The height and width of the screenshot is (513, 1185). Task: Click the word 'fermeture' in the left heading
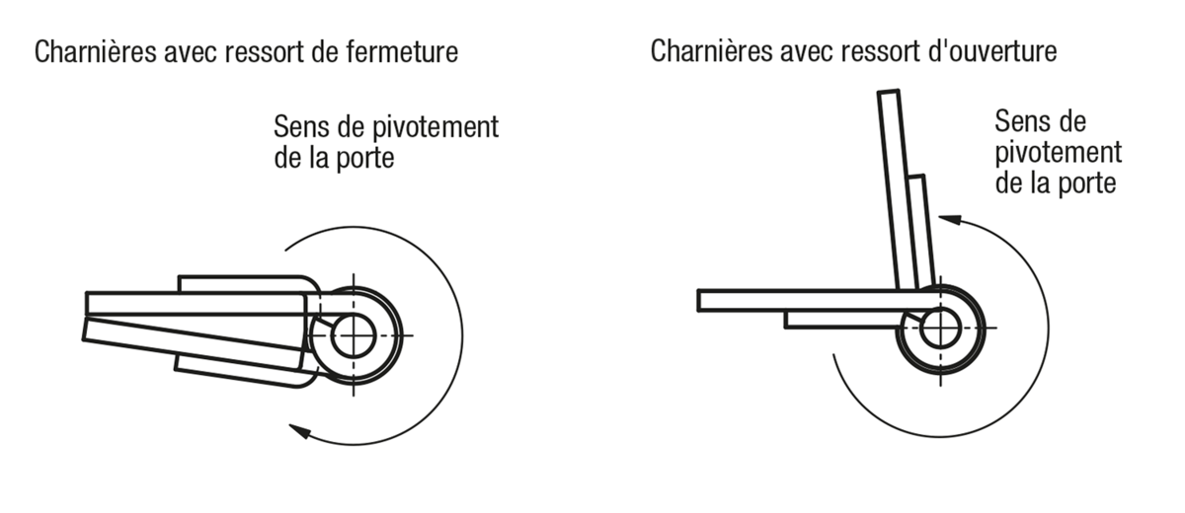[x=402, y=52]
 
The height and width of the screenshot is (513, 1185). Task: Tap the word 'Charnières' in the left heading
[x=96, y=52]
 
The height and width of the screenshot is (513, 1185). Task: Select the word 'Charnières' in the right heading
[x=712, y=51]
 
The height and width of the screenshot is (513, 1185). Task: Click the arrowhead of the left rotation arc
[x=299, y=430]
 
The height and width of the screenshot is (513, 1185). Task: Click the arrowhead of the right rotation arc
[x=950, y=219]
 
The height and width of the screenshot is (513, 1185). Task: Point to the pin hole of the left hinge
[x=354, y=335]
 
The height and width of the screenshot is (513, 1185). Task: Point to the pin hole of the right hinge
[x=940, y=328]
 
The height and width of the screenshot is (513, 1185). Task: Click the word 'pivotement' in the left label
[x=435, y=127]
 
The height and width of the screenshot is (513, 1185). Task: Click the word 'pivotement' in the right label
[x=1058, y=153]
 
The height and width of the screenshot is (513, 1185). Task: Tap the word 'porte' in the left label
[x=365, y=159]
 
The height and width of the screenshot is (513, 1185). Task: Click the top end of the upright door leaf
[x=888, y=92]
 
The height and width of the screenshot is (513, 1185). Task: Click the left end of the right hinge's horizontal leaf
[x=698, y=300]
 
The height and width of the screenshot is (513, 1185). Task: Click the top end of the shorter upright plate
[x=915, y=177]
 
